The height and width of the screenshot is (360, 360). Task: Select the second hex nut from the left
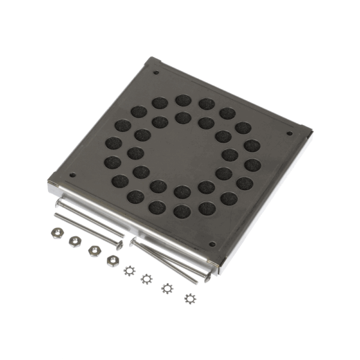(75, 241)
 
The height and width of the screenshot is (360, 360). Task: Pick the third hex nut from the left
(94, 250)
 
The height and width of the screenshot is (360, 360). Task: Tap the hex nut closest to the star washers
(112, 260)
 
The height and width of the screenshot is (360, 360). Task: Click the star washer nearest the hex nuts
(128, 271)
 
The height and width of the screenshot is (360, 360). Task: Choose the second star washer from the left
(146, 279)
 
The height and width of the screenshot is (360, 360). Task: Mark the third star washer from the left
(166, 288)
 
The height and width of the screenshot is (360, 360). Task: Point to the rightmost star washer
(190, 298)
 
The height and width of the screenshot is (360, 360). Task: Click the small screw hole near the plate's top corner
(157, 73)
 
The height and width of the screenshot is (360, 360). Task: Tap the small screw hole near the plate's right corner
(289, 133)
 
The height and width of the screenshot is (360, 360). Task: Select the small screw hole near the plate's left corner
(73, 175)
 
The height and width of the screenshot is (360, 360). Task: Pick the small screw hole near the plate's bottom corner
(211, 244)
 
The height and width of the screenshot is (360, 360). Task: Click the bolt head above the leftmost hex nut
(58, 204)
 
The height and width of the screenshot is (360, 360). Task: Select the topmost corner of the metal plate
(152, 59)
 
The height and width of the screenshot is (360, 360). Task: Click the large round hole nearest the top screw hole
(160, 103)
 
